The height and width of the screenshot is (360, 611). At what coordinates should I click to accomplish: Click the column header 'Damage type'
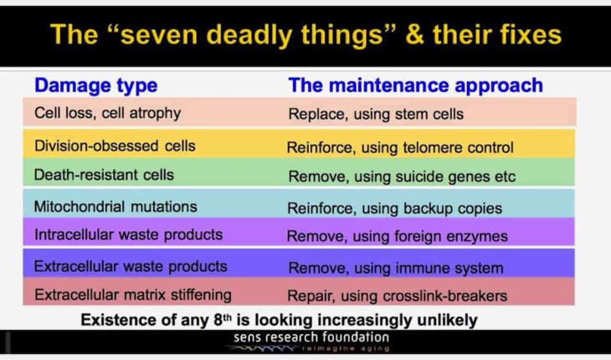[96, 85]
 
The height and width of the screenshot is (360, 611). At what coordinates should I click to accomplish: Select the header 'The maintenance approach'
[416, 85]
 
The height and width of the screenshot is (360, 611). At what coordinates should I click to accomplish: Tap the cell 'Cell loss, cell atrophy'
[107, 113]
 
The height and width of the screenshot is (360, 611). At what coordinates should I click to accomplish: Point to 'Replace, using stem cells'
[376, 114]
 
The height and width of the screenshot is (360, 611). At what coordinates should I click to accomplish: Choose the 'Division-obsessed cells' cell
[115, 147]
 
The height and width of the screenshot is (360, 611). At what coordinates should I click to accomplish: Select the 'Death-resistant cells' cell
[104, 175]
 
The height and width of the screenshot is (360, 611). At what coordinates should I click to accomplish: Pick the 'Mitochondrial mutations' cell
[116, 207]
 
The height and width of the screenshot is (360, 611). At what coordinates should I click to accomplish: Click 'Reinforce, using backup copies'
[395, 208]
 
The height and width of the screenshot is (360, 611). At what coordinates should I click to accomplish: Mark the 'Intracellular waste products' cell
[129, 234]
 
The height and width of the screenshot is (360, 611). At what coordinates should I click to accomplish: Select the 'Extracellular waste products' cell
[131, 266]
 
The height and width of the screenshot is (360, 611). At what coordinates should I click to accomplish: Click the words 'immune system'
[449, 268]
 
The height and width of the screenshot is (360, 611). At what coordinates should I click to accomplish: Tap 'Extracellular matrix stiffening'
[133, 295]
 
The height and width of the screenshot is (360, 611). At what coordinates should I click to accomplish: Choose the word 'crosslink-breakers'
[445, 296]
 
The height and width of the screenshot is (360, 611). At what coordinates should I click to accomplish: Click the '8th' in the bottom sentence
[223, 320]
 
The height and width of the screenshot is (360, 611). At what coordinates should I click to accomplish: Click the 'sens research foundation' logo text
[311, 337]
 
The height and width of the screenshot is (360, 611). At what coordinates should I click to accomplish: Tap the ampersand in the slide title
[415, 35]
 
